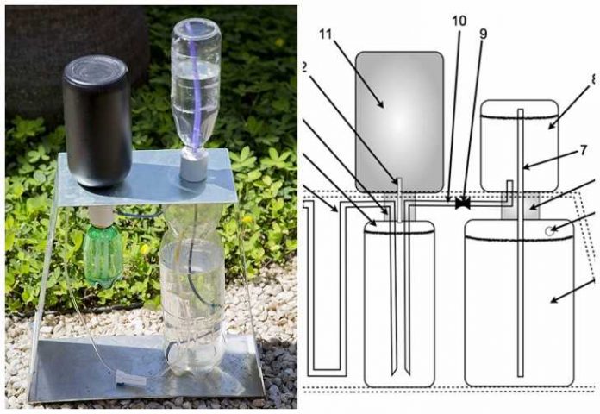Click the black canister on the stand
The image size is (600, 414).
pyautogui.click(x=97, y=121)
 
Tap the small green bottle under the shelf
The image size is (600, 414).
pyautogui.click(x=103, y=255)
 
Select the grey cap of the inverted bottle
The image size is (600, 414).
pyautogui.click(x=194, y=165)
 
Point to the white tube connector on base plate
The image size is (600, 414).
pyautogui.click(x=127, y=378)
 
